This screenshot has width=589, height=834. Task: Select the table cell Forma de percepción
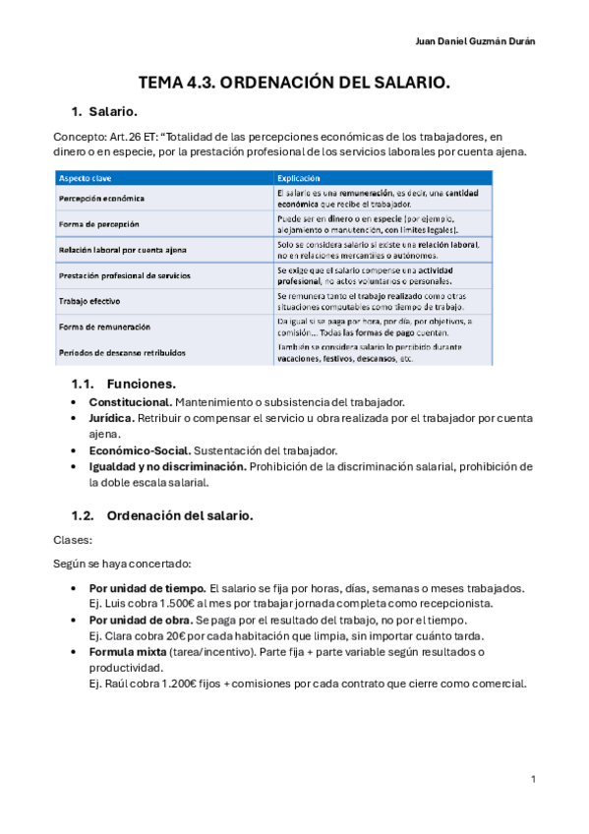(99, 224)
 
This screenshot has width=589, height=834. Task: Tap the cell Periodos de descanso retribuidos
(122, 352)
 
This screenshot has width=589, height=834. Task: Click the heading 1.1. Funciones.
(124, 384)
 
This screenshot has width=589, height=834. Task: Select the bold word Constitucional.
(131, 402)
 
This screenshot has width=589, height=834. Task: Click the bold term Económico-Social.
(134, 450)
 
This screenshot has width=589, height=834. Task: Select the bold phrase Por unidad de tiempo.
(147, 588)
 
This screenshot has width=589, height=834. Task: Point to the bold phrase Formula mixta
(126, 652)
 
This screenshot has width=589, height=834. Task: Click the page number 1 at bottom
(532, 779)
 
